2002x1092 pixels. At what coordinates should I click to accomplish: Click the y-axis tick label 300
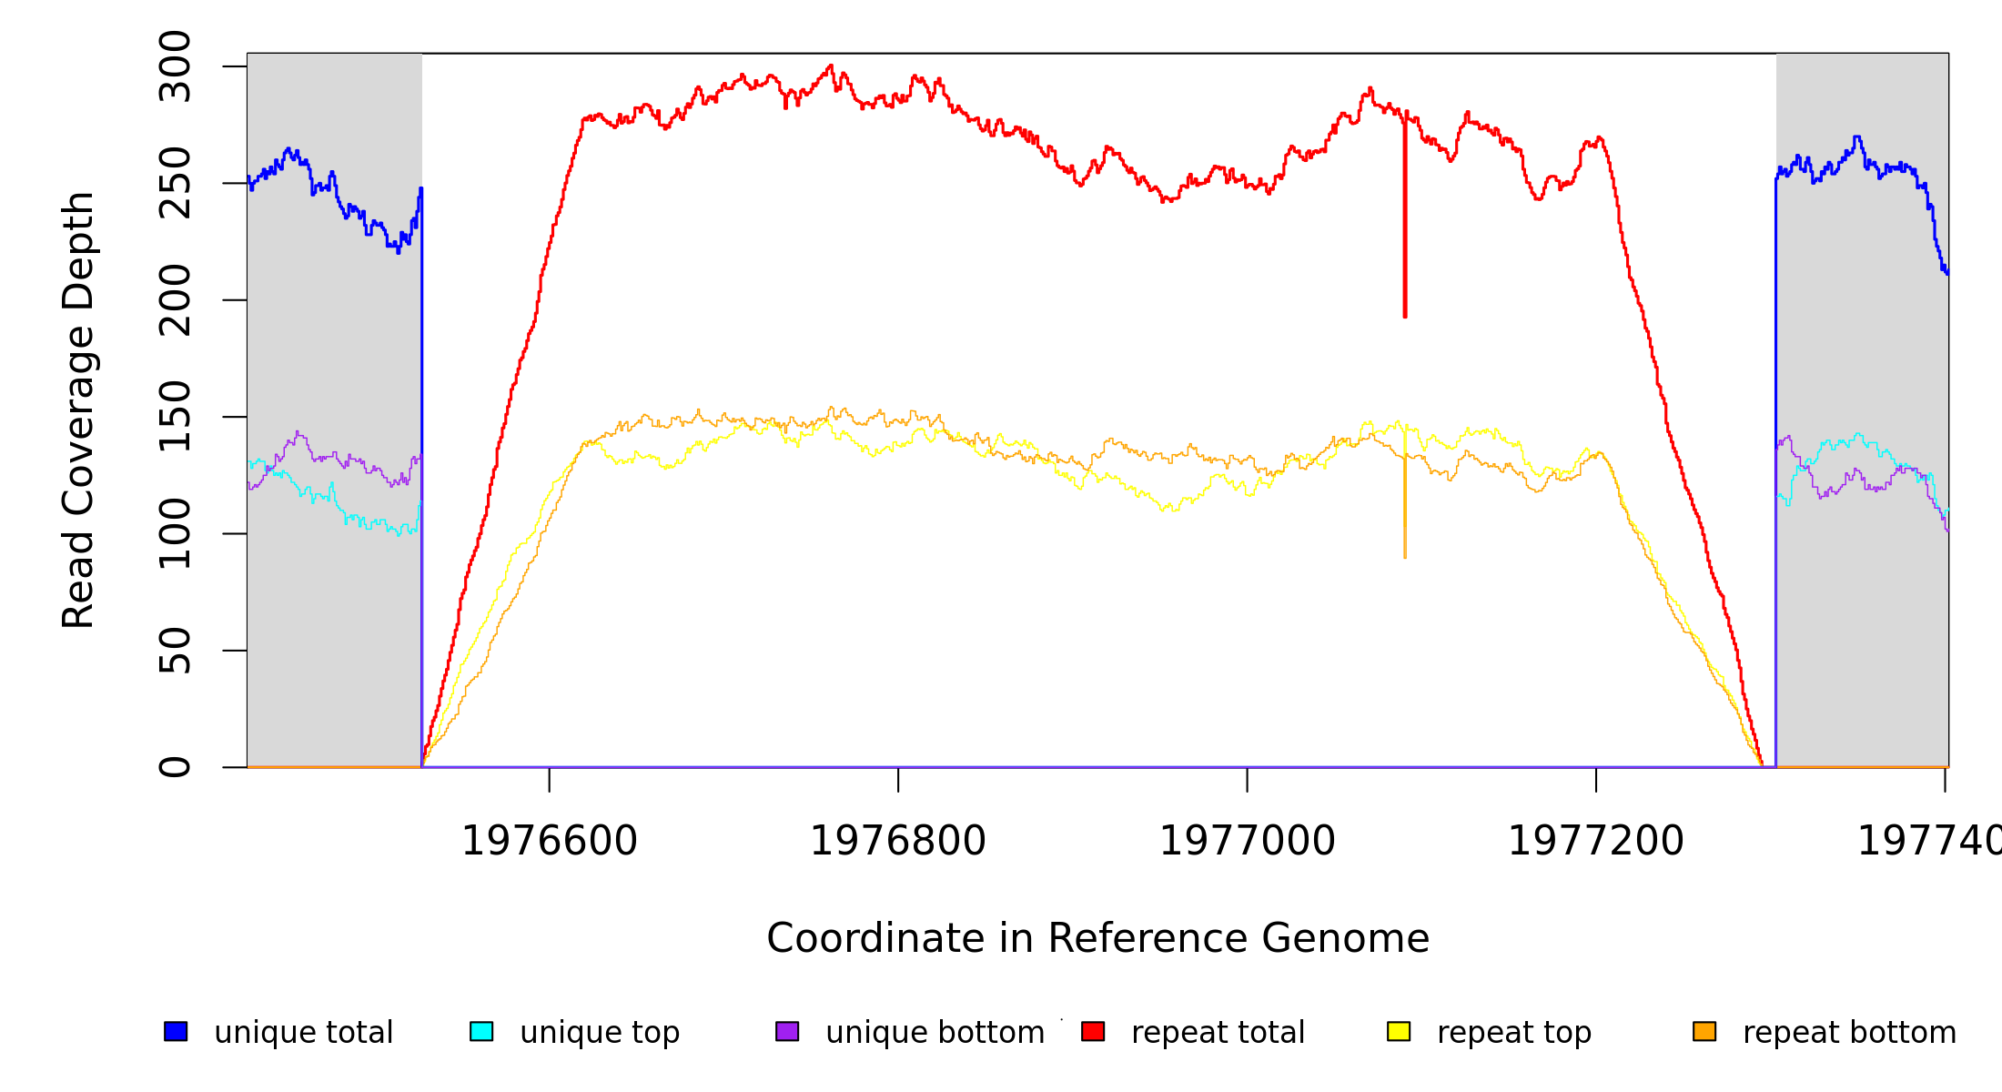point(175,66)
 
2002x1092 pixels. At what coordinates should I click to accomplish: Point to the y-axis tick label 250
point(175,183)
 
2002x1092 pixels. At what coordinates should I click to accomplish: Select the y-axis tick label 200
point(175,300)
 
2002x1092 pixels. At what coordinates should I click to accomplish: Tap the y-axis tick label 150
point(175,417)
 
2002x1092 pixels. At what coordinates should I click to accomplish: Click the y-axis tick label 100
point(175,533)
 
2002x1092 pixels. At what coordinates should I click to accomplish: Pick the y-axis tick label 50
point(175,651)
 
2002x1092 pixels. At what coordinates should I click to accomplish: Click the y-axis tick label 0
point(175,767)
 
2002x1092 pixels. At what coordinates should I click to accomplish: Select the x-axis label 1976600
point(550,841)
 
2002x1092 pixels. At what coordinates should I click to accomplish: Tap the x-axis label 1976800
point(898,841)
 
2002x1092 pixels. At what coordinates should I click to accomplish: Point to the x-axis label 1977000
point(1247,841)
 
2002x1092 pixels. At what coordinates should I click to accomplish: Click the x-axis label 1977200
point(1596,841)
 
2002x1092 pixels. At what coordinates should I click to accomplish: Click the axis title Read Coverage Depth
point(78,409)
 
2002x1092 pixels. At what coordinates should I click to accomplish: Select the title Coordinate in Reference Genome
point(1097,938)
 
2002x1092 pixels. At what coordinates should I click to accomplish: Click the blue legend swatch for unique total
point(176,1031)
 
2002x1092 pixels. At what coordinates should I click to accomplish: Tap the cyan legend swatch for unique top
point(481,1031)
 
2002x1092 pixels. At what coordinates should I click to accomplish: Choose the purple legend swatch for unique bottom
point(787,1031)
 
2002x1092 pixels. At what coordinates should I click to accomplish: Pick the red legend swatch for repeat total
point(1093,1031)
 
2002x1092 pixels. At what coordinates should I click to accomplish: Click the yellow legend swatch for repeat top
point(1399,1031)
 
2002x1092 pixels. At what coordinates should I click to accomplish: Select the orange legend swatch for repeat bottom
point(1704,1031)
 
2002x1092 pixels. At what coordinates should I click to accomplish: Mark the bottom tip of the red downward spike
point(1405,317)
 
